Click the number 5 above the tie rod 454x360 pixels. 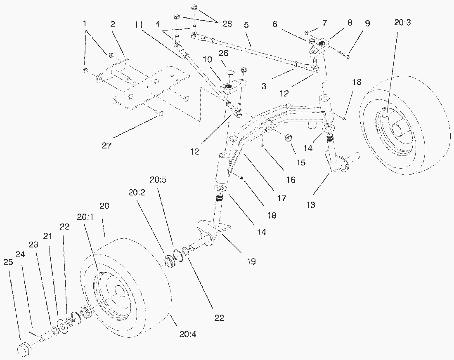tap(246, 24)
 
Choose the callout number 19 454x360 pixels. tap(251, 261)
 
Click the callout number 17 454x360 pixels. tap(282, 198)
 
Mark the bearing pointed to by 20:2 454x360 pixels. tap(169, 262)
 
